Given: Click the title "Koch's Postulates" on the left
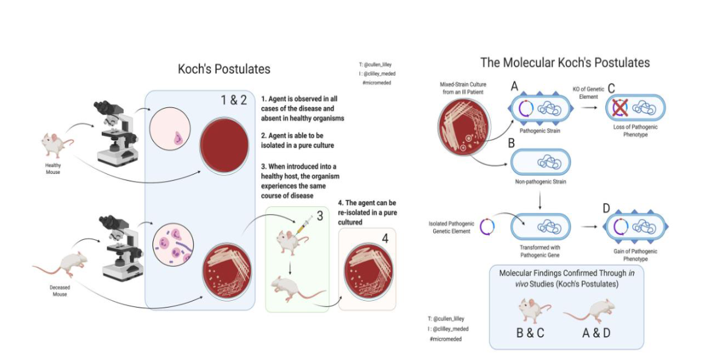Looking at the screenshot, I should (224, 69).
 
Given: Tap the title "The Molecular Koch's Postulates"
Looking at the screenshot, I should (565, 62).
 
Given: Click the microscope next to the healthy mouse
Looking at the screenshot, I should (112, 132).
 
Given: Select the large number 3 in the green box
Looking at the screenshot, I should (319, 215).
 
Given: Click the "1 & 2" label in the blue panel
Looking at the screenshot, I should (234, 100).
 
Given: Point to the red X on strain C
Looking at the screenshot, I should (619, 107).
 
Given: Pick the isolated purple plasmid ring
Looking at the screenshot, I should (486, 226).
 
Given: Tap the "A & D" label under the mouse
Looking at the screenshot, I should (597, 334).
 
